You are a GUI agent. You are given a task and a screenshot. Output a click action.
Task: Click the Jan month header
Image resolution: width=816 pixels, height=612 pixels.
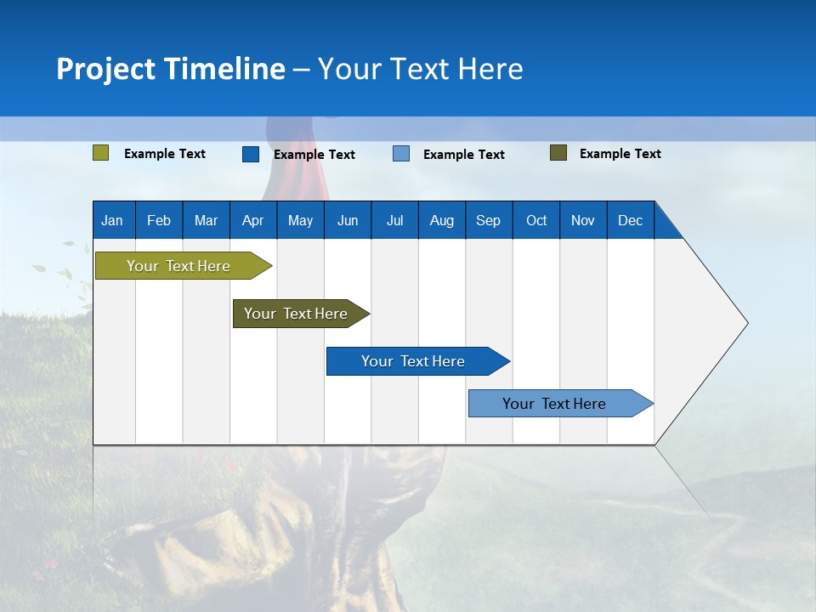pyautogui.click(x=113, y=220)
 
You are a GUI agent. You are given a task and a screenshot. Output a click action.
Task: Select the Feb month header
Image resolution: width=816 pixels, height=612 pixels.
pyautogui.click(x=159, y=220)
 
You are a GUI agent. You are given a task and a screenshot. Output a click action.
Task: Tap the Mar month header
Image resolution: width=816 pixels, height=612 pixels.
pyautogui.click(x=206, y=220)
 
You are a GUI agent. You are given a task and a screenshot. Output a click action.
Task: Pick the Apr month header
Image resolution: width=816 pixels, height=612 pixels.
pyautogui.click(x=253, y=220)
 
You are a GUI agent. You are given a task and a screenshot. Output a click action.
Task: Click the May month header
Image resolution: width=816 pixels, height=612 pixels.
pyautogui.click(x=300, y=220)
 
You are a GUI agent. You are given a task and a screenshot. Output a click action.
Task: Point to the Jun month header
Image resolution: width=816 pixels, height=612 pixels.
pyautogui.click(x=348, y=220)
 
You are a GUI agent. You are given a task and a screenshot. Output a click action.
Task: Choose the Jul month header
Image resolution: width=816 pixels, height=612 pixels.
pyautogui.click(x=394, y=220)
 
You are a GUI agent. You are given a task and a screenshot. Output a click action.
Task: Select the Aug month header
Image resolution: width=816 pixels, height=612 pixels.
pyautogui.click(x=442, y=220)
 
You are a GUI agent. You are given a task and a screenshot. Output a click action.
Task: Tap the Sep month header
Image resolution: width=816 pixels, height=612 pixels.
pyautogui.click(x=489, y=220)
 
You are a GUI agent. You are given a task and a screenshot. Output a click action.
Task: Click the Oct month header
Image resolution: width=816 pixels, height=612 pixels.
pyautogui.click(x=536, y=220)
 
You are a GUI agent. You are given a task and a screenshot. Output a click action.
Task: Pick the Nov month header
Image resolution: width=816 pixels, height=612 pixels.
pyautogui.click(x=583, y=220)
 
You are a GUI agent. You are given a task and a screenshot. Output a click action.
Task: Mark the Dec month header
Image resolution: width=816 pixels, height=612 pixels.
pyautogui.click(x=631, y=220)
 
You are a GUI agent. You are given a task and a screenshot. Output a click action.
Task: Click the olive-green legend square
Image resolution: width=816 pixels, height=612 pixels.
pyautogui.click(x=101, y=153)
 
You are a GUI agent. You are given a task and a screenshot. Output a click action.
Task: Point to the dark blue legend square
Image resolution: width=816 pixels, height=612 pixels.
pyautogui.click(x=251, y=154)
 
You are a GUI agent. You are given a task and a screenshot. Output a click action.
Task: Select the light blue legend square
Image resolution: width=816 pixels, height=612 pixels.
pyautogui.click(x=401, y=154)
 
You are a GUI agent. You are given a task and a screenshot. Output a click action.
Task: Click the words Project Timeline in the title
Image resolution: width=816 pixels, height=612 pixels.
pyautogui.click(x=171, y=69)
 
